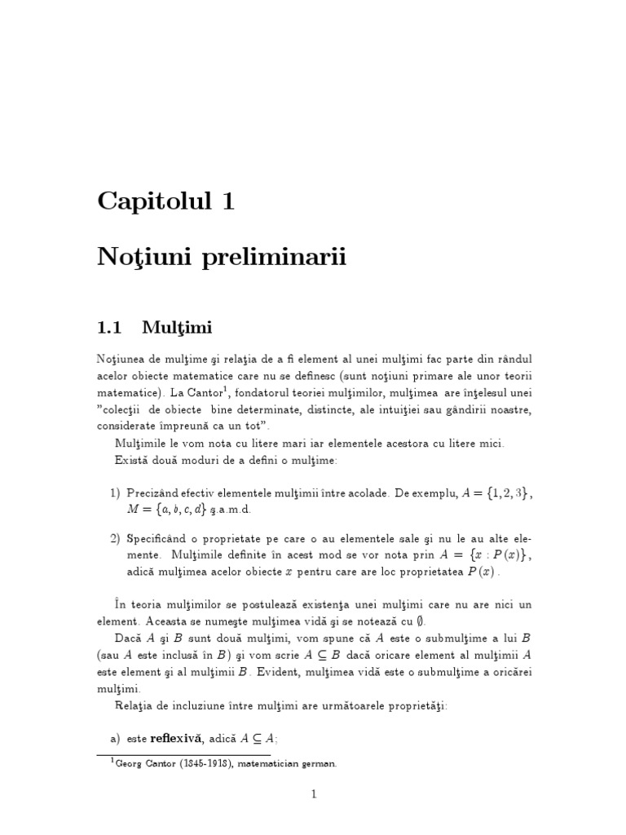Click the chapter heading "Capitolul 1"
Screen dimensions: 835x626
pos(165,200)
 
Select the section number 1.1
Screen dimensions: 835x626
pos(109,328)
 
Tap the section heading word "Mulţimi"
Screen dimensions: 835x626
pos(177,328)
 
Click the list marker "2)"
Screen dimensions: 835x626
pos(115,539)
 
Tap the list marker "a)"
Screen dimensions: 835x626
pos(115,739)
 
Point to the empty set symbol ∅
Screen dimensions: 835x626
pos(420,621)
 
